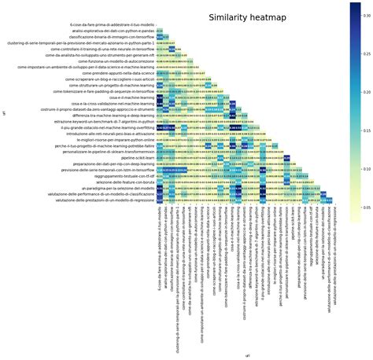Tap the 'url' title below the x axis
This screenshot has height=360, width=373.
tap(247, 355)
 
